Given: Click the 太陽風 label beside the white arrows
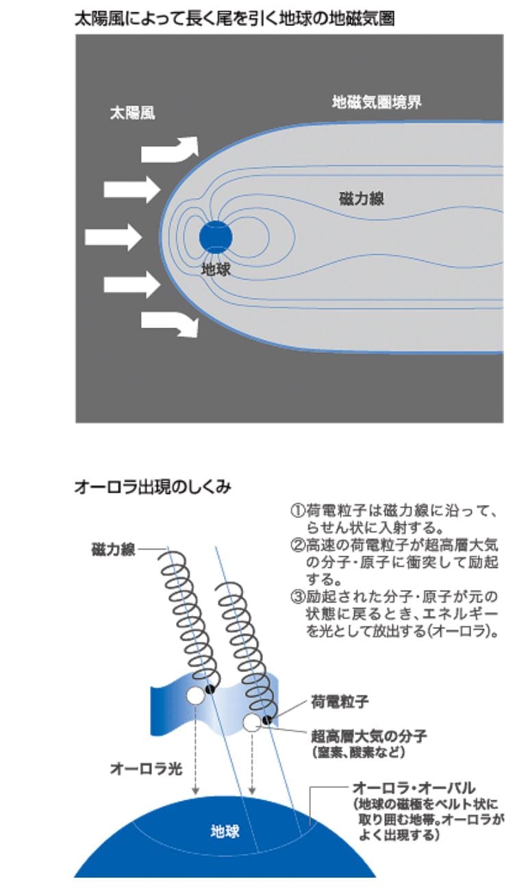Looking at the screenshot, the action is (x=132, y=113).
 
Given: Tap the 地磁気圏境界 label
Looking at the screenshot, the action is (x=377, y=102).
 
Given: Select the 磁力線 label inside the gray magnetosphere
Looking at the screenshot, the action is (x=362, y=199).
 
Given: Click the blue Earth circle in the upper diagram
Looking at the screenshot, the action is (x=216, y=237).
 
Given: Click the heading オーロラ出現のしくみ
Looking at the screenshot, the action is (x=153, y=486).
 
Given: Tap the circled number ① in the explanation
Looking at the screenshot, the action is (x=298, y=510).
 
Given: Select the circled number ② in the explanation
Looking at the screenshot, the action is (x=298, y=545).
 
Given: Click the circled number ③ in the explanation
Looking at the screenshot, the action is (x=298, y=597).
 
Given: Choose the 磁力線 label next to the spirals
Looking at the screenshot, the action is (x=114, y=550).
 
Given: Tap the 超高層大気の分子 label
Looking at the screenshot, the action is (x=368, y=737).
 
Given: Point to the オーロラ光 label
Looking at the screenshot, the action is (x=146, y=769).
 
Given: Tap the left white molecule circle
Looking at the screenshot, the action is (x=195, y=695).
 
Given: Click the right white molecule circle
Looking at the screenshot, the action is (x=251, y=722).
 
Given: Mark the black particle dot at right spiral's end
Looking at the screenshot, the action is (x=267, y=719).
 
